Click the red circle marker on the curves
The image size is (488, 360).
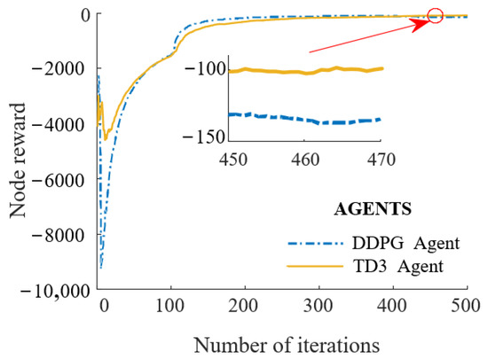[435, 15]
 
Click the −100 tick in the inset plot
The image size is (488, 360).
[210, 70]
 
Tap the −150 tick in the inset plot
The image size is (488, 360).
[210, 136]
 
